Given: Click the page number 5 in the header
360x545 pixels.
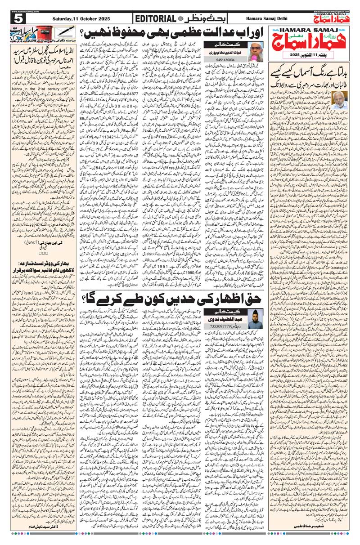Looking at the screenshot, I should (x=18, y=18).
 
